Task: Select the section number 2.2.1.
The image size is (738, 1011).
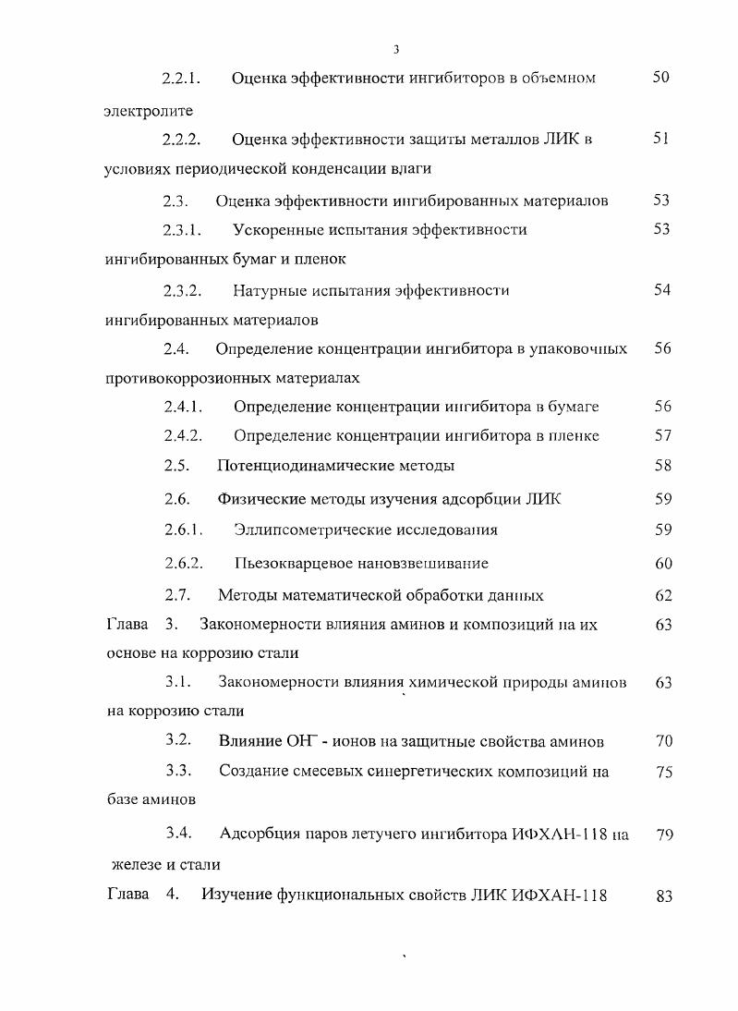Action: pos(183,79)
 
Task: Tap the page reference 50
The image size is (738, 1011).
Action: pos(660,78)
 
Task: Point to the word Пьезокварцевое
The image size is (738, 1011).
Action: pos(290,563)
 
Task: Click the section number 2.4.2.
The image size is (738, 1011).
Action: pos(183,435)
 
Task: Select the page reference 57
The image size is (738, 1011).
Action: pos(661,435)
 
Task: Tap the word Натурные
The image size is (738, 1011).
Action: pos(270,291)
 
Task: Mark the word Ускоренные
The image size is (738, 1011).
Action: pos(276,229)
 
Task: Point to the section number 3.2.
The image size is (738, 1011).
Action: pos(178,740)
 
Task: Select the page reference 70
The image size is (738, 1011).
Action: pos(663,741)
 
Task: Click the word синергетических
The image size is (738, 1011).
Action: pos(424,772)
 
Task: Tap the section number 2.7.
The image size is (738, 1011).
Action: pos(177,595)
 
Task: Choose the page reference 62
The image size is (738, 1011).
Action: pos(663,596)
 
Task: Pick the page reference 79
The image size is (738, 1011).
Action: pos(663,835)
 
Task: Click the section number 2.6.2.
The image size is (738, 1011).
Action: pos(183,563)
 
